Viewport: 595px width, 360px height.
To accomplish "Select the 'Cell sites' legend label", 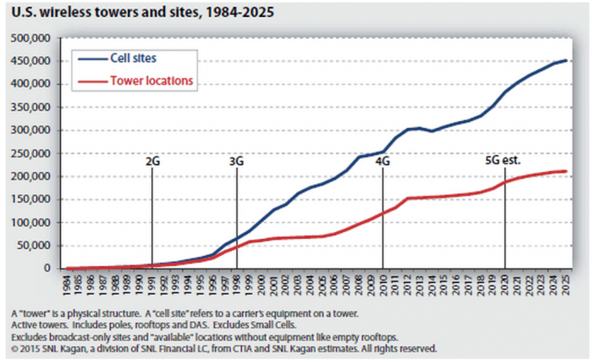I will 133,59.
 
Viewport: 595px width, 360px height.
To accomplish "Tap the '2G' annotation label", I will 152,159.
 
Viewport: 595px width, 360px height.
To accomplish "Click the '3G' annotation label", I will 236,159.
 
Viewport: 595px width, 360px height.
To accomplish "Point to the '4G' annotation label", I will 383,159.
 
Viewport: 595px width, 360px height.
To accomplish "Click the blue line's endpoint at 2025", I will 566,60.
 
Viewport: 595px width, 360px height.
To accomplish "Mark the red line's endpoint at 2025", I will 566,171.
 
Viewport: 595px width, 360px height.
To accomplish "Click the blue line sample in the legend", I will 89,59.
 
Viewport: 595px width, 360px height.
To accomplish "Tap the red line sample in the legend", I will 89,80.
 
